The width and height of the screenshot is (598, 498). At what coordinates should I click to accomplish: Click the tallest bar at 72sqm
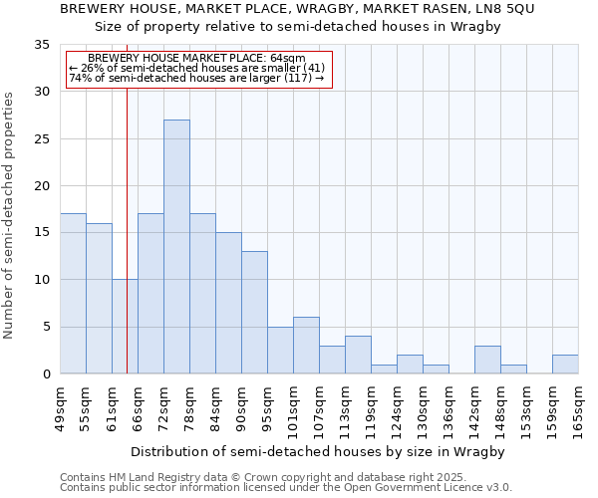176,247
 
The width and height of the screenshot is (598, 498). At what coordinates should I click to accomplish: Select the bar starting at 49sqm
73,294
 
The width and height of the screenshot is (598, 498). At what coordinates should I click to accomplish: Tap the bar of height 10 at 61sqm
125,327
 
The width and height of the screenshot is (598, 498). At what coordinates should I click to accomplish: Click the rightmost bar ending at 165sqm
565,365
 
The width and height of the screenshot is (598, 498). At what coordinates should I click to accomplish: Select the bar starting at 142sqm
487,360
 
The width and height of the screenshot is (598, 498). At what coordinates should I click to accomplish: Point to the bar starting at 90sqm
254,313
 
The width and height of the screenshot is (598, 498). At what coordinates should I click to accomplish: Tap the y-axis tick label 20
42,186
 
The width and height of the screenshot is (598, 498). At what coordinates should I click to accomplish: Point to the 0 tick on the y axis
46,374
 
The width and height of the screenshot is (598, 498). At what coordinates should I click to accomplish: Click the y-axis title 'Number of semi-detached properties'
10,215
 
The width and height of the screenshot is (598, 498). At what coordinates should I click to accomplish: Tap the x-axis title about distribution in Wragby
318,452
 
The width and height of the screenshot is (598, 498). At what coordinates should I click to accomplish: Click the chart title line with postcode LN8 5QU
297,9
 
